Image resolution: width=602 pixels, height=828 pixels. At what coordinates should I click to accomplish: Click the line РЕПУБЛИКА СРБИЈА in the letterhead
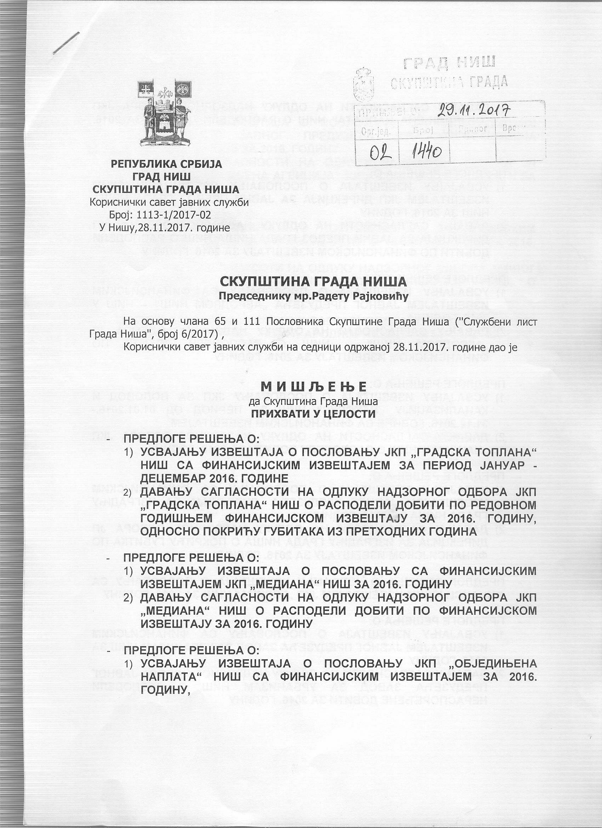pyautogui.click(x=166, y=164)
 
